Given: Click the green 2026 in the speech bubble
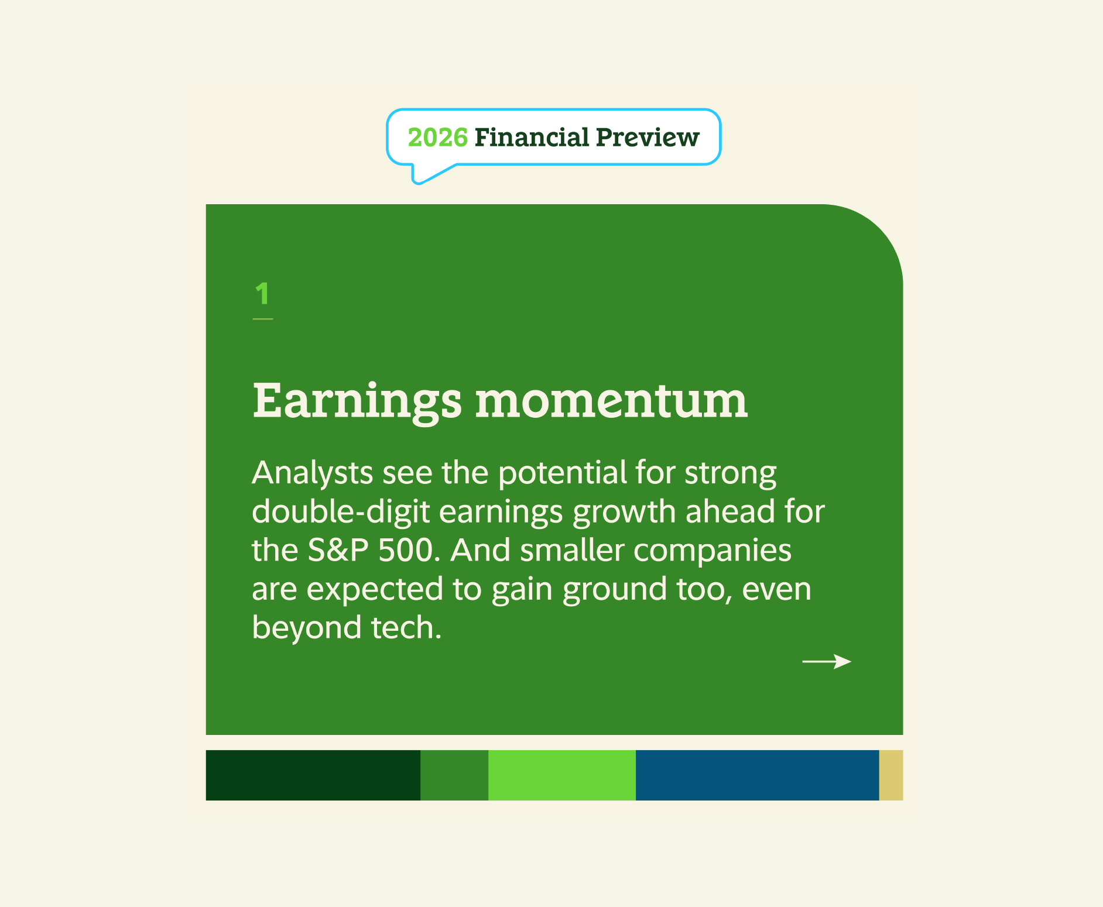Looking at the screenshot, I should tap(437, 138).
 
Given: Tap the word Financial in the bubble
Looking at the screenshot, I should tap(532, 138).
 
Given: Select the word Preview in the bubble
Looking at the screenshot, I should tap(648, 138).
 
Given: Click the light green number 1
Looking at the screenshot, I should tap(262, 293).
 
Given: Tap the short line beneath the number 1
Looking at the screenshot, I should tap(262, 319).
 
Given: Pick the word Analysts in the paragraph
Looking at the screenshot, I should tap(312, 473).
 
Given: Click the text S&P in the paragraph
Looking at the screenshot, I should tap(338, 551).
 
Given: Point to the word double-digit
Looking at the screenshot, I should tap(341, 512).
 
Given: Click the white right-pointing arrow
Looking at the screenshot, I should tap(826, 661).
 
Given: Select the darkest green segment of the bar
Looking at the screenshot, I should tap(313, 775).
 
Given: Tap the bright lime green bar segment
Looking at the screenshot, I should tap(561, 775).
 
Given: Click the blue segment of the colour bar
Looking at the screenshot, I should tap(756, 775).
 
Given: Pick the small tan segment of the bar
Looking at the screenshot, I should tap(890, 775).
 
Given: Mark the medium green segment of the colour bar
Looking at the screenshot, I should tap(454, 775).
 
